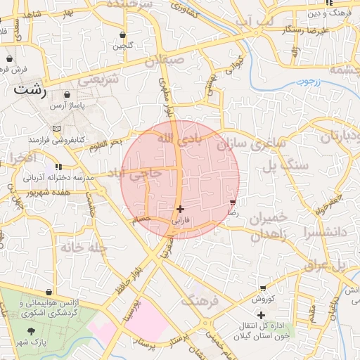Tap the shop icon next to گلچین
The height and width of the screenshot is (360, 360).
point(124,34)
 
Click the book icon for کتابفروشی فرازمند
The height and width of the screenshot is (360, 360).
point(56,129)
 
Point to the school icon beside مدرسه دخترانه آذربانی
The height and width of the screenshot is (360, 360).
point(58,167)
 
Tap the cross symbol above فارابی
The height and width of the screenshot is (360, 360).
point(181,209)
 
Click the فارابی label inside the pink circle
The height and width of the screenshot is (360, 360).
point(181,220)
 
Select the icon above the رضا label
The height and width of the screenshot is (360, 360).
point(233,202)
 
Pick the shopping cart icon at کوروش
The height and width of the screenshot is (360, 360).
point(263,288)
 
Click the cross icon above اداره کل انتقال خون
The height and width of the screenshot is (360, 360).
point(261,315)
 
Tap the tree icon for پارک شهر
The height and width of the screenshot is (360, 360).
point(30,330)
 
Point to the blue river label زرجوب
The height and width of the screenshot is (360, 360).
point(308,82)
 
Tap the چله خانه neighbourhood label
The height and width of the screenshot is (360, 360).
point(73,247)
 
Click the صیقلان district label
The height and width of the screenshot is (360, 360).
point(163,62)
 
